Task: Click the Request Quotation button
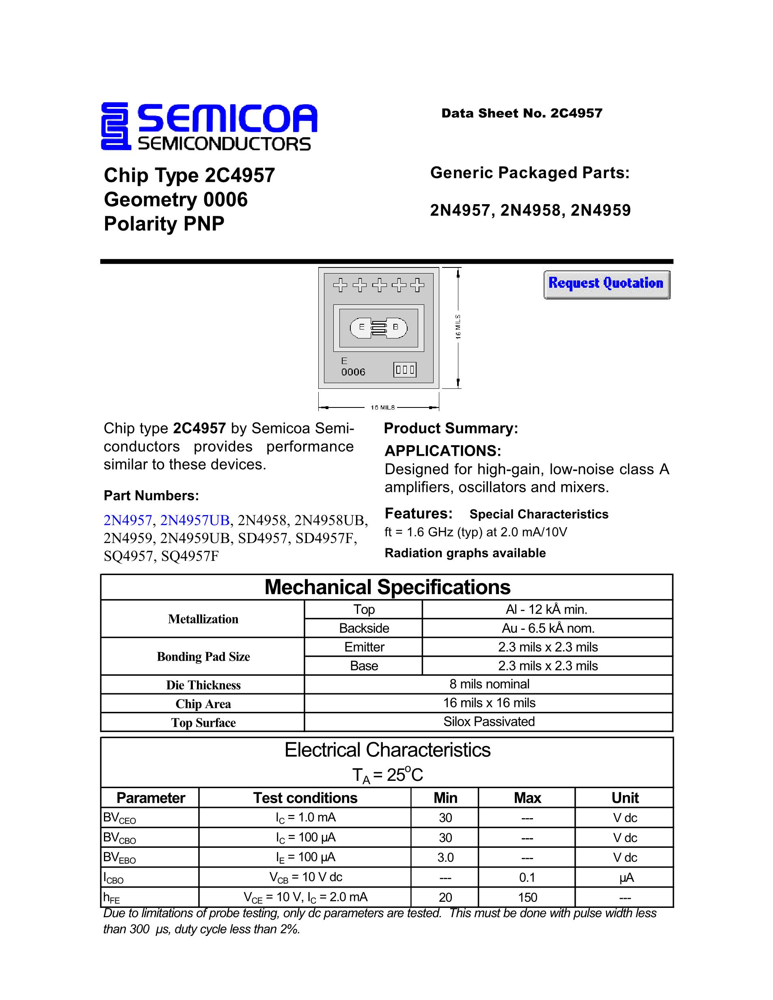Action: click(606, 284)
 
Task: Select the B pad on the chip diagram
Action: click(396, 327)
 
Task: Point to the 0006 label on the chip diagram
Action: click(353, 372)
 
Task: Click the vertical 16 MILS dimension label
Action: click(458, 327)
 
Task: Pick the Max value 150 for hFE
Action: click(527, 897)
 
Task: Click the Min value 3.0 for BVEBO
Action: click(445, 858)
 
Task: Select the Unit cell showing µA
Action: click(625, 878)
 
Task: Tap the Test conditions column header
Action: click(305, 798)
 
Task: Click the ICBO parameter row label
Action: click(113, 878)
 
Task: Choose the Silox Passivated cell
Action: click(489, 722)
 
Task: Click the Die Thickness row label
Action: click(203, 685)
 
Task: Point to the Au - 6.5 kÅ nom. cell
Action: click(548, 628)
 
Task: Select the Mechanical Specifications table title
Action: click(387, 587)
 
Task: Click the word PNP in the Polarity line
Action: click(204, 224)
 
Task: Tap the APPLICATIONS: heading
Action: click(443, 450)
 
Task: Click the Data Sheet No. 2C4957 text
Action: click(522, 113)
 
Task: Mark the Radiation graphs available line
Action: click(465, 553)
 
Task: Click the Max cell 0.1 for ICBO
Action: click(527, 878)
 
